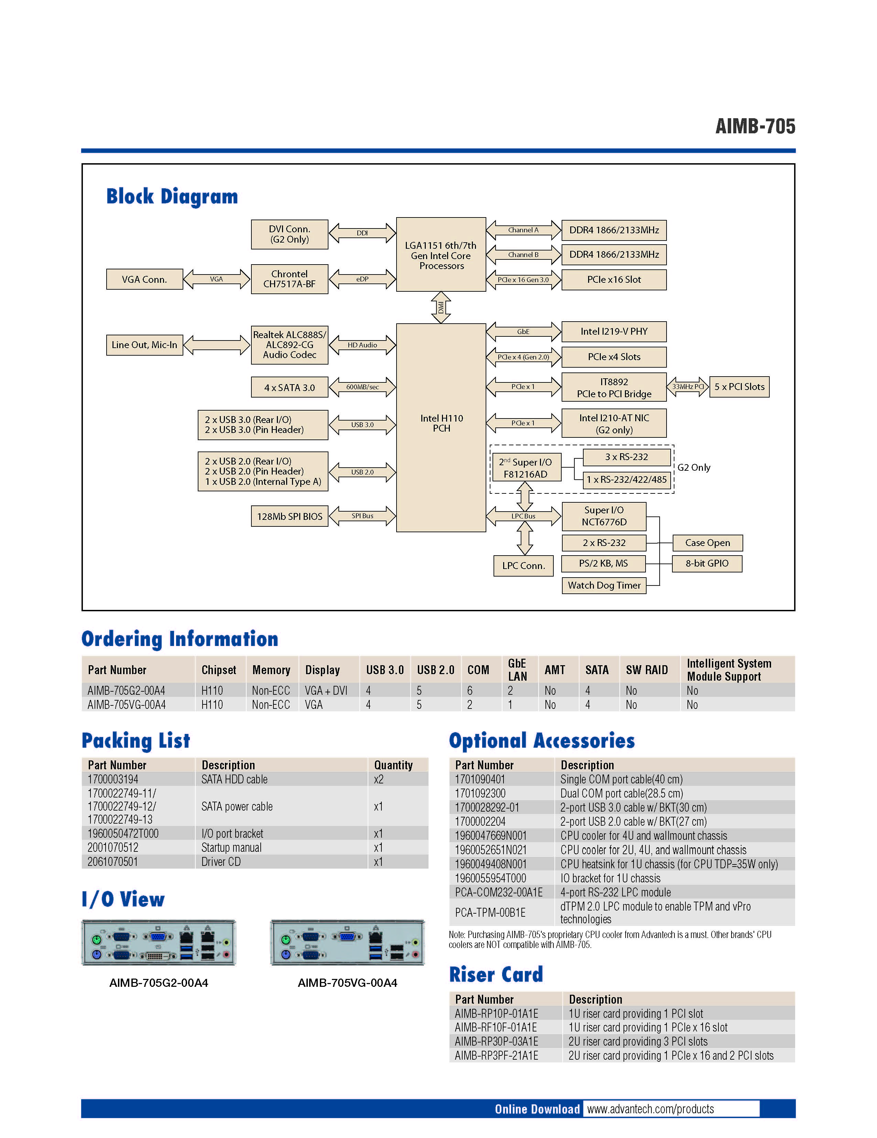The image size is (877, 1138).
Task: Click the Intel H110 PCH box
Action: pyautogui.click(x=441, y=427)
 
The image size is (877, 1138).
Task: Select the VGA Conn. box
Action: pyautogui.click(x=144, y=279)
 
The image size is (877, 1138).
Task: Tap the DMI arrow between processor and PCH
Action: pyautogui.click(x=441, y=308)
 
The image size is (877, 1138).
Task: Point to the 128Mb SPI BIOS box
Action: pyautogui.click(x=289, y=516)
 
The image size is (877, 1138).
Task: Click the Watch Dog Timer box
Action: pyautogui.click(x=604, y=585)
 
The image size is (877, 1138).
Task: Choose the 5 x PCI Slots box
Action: pyautogui.click(x=739, y=387)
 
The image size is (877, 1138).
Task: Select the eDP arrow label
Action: pyautogui.click(x=362, y=279)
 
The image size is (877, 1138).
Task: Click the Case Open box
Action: pyautogui.click(x=707, y=543)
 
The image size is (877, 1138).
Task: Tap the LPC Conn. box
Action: pyautogui.click(x=523, y=566)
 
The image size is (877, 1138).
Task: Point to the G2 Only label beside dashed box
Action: pyautogui.click(x=693, y=467)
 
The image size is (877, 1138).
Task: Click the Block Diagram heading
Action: pyautogui.click(x=172, y=197)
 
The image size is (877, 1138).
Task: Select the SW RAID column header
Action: pyautogui.click(x=647, y=670)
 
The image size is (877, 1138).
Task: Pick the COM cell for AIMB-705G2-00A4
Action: pyautogui.click(x=470, y=690)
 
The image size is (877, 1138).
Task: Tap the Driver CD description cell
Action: pyautogui.click(x=221, y=862)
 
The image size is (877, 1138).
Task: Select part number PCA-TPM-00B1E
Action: pyautogui.click(x=490, y=912)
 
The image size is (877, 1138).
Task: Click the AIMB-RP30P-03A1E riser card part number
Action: pyautogui.click(x=496, y=1041)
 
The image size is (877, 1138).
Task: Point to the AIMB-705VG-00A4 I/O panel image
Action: pyautogui.click(x=347, y=942)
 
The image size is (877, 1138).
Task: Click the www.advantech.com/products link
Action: pyautogui.click(x=650, y=1109)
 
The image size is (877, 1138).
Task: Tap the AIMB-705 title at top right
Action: pyautogui.click(x=755, y=126)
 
